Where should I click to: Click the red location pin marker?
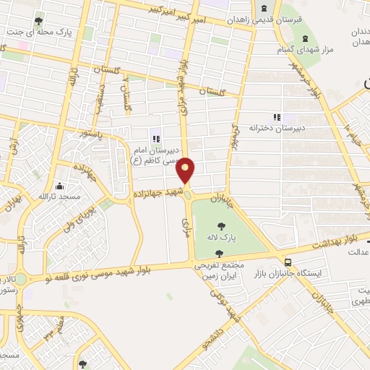pyautogui.click(x=186, y=170)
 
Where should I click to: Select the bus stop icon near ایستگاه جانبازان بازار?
pyautogui.click(x=288, y=262)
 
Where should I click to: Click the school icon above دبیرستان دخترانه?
pyautogui.click(x=275, y=116)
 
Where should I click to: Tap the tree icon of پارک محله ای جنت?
pyautogui.click(x=38, y=22)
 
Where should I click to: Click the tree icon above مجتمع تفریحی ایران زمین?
pyautogui.click(x=219, y=254)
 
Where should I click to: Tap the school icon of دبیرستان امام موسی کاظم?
pyautogui.click(x=154, y=138)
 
